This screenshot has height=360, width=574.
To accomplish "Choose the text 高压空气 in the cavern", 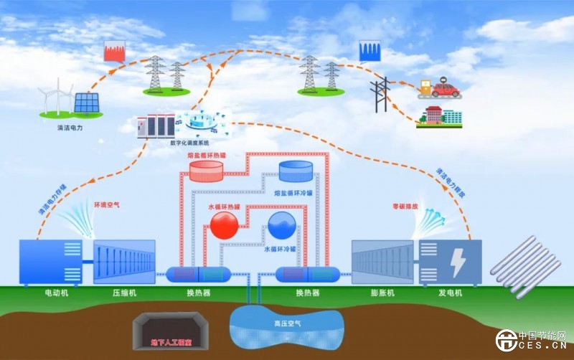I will (x=287, y=324).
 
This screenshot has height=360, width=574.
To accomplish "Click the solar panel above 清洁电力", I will (x=88, y=103).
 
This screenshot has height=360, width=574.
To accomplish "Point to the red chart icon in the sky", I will (x=116, y=50).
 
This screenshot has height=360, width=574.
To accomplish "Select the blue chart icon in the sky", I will (x=370, y=50).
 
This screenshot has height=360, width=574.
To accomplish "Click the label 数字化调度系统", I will (x=191, y=142).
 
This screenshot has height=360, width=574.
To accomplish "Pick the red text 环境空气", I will (x=107, y=204).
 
